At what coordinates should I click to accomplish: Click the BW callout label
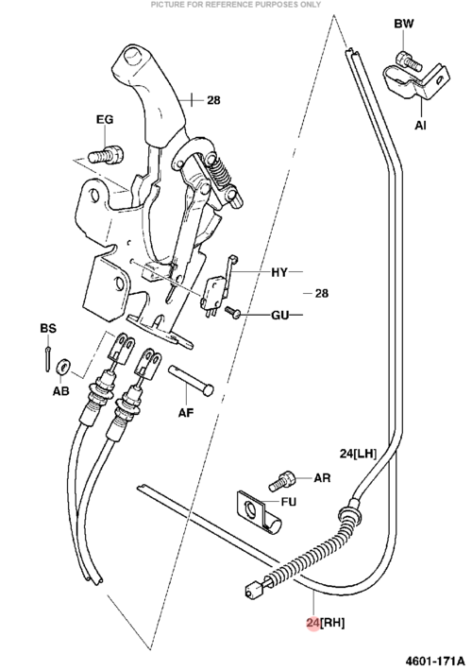point(404,24)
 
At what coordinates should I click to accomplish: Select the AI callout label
point(420,125)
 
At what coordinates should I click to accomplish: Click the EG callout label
point(105,119)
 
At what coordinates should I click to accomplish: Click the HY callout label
point(279,272)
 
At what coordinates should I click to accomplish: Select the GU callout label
point(280,315)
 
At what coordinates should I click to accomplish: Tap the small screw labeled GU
point(233,312)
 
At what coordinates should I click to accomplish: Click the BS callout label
point(48,328)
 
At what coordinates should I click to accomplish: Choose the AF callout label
point(186,413)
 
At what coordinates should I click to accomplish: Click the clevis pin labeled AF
point(191,381)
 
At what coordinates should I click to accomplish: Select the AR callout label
point(322,477)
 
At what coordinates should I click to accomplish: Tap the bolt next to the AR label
point(281,481)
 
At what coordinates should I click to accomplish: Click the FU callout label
point(288,501)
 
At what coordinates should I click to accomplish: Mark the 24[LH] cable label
point(359,454)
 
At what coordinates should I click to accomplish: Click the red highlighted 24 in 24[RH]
point(313,623)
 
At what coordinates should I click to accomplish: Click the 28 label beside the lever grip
point(213,100)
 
